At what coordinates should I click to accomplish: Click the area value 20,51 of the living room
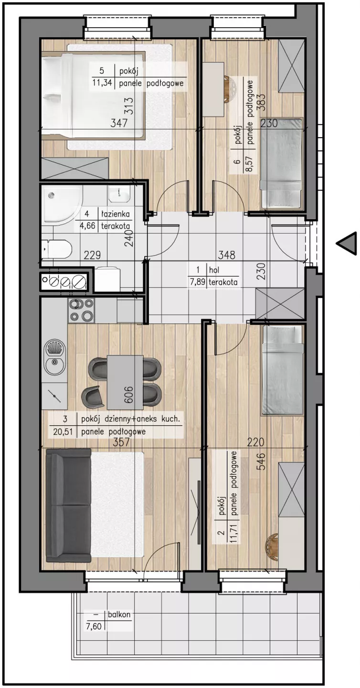click(64, 432)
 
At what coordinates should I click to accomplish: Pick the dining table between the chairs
click(125, 381)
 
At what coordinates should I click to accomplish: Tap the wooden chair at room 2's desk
click(272, 543)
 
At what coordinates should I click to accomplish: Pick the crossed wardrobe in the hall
click(280, 304)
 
